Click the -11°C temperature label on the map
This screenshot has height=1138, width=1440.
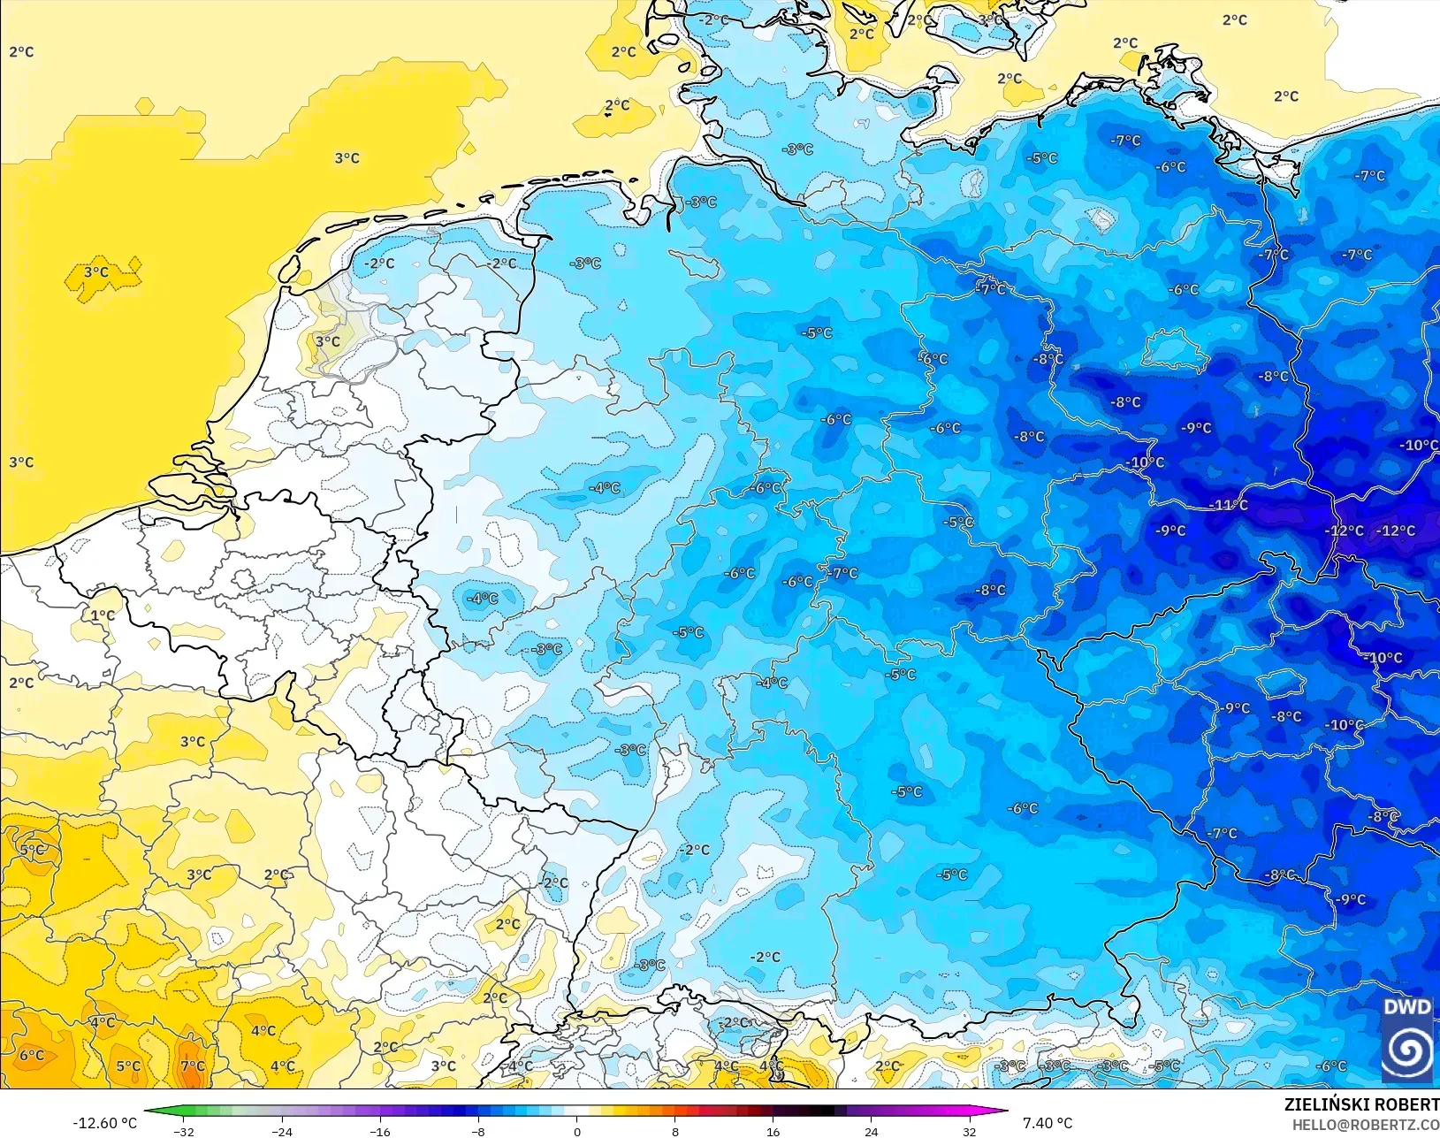click(x=1229, y=505)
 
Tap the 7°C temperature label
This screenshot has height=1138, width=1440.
click(x=193, y=1066)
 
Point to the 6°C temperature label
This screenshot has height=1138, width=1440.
click(x=32, y=1055)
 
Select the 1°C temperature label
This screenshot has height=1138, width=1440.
click(x=103, y=615)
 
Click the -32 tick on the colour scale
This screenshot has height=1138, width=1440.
click(x=184, y=1131)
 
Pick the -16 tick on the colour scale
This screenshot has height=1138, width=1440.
click(x=380, y=1131)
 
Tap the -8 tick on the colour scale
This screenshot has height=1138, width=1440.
click(x=478, y=1131)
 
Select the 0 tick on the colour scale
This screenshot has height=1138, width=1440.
click(x=577, y=1131)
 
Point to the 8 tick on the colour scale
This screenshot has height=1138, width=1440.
click(x=675, y=1131)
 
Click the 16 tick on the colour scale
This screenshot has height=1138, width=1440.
click(x=773, y=1131)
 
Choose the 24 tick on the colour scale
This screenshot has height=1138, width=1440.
click(x=872, y=1131)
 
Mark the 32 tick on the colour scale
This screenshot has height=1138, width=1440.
click(x=970, y=1131)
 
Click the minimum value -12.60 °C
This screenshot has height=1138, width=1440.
click(x=104, y=1123)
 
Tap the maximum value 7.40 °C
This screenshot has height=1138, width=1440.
click(x=1048, y=1123)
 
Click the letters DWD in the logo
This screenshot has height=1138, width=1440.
click(x=1407, y=1008)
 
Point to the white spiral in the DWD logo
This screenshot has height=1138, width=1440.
click(x=1407, y=1050)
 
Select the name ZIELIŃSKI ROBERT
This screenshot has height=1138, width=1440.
click(x=1361, y=1105)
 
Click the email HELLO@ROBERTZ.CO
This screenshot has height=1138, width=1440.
click(x=1366, y=1125)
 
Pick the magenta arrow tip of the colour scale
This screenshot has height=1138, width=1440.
click(x=1004, y=1112)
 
